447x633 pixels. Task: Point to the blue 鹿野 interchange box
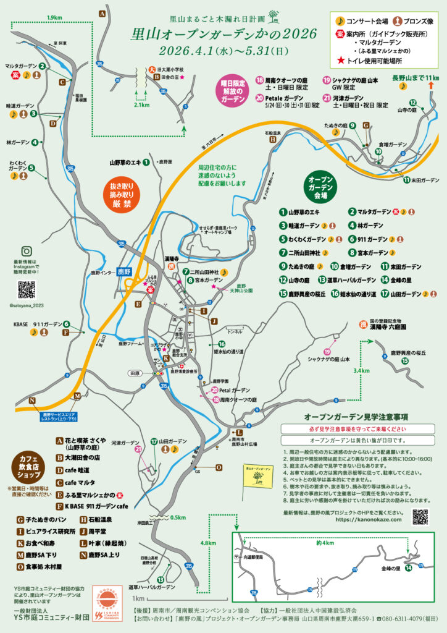coord(124,271)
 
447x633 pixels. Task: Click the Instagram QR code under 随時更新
coord(27,289)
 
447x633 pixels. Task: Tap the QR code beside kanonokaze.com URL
coord(420,516)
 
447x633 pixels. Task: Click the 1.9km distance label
coord(56,18)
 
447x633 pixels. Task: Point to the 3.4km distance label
coord(361,371)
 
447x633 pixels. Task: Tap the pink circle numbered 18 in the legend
coord(260,80)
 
